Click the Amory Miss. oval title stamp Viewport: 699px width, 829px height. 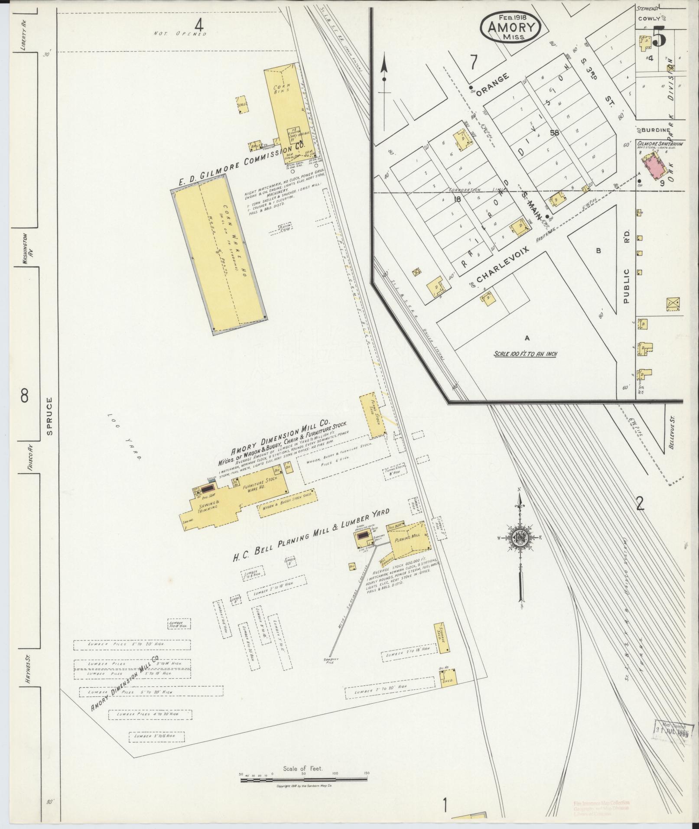tap(510, 26)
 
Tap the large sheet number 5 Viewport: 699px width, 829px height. tap(658, 37)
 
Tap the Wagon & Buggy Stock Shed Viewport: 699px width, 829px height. tap(288, 504)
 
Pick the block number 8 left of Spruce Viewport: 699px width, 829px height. tap(25, 395)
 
